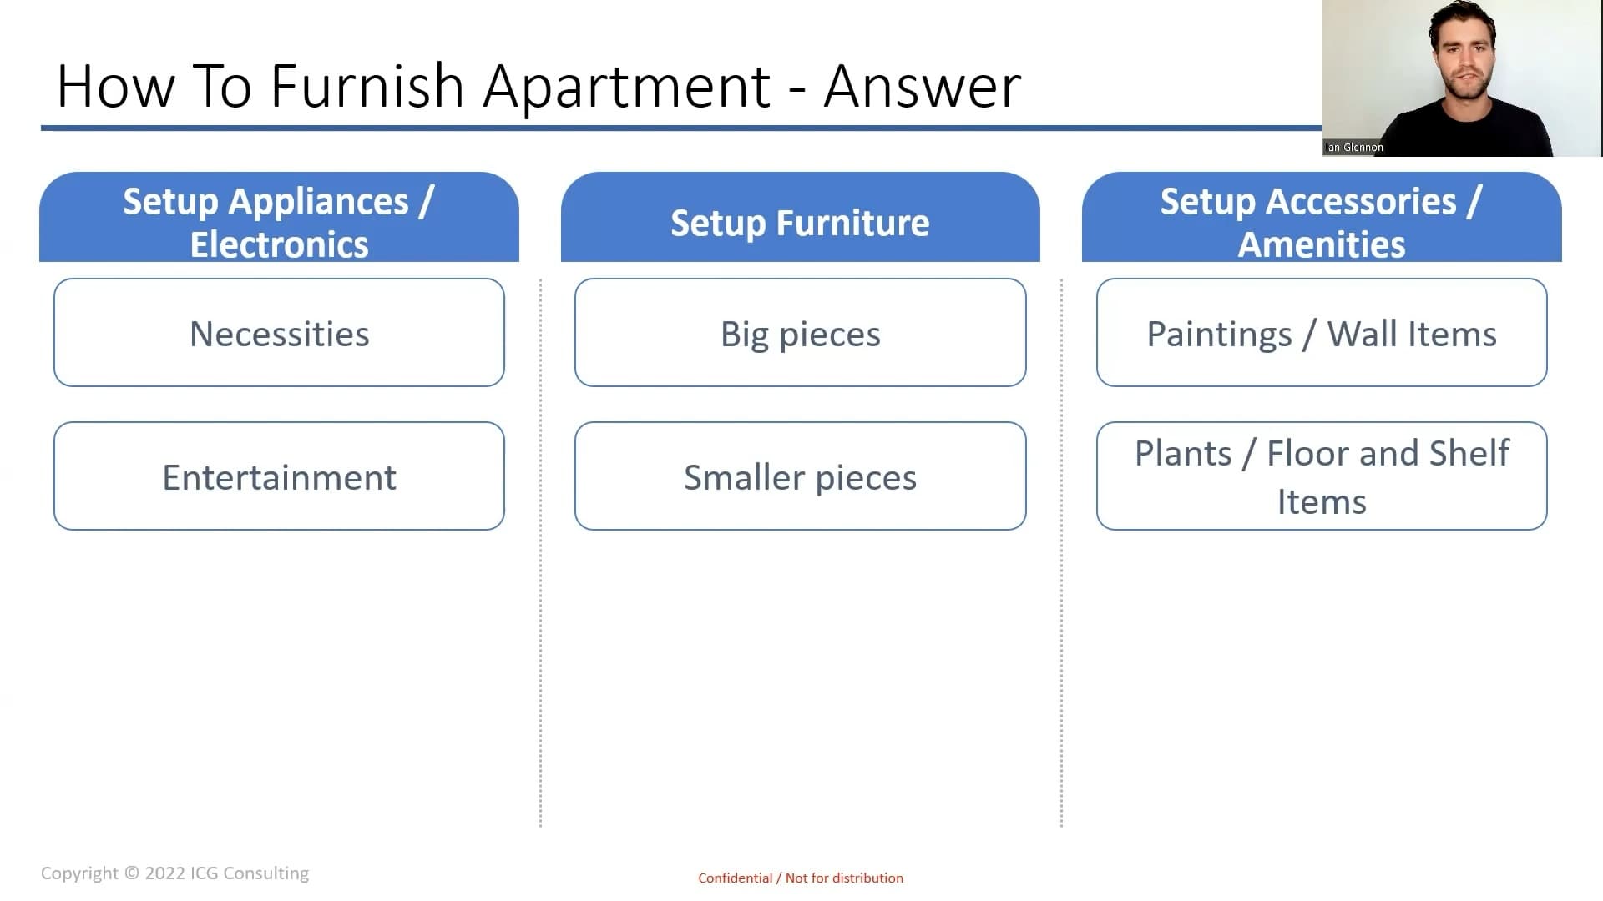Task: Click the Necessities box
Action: [x=279, y=332]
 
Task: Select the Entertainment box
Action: [x=279, y=476]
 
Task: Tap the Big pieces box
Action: [x=800, y=332]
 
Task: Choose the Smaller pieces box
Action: [x=800, y=476]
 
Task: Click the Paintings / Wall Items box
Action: [x=1322, y=332]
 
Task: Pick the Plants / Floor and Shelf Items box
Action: [x=1322, y=476]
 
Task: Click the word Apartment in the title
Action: [x=627, y=88]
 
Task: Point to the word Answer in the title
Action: [x=923, y=87]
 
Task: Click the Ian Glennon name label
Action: [x=1354, y=148]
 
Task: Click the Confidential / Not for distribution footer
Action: [x=801, y=878]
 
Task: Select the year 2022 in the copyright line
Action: [x=164, y=873]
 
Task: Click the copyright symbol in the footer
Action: [x=132, y=873]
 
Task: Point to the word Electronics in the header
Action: [x=279, y=244]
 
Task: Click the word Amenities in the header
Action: [x=1322, y=244]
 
